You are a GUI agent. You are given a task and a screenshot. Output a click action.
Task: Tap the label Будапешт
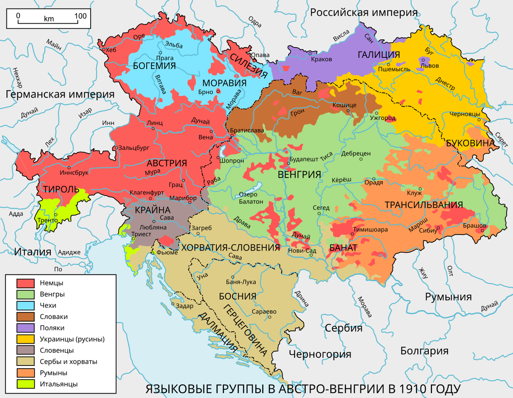pyautogui.click(x=304, y=159)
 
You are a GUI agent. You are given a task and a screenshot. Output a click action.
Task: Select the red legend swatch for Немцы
pyautogui.click(x=25, y=283)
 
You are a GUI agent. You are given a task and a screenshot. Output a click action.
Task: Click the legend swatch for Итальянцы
pyautogui.click(x=25, y=384)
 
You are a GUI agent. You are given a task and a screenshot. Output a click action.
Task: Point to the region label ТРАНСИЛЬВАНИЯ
pyautogui.click(x=424, y=205)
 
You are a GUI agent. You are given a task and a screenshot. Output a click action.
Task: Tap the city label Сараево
pyautogui.click(x=264, y=312)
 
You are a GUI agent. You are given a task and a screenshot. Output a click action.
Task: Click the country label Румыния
pyautogui.click(x=448, y=297)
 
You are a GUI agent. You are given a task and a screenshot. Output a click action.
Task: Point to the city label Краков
pyautogui.click(x=321, y=59)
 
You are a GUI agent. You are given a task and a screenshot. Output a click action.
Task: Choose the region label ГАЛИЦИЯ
pyautogui.click(x=379, y=55)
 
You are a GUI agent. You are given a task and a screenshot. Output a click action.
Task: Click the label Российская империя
pyautogui.click(x=363, y=12)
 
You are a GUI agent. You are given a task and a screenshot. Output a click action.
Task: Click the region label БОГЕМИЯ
pyautogui.click(x=154, y=65)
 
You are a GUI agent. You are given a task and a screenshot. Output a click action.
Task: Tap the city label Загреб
pyautogui.click(x=201, y=228)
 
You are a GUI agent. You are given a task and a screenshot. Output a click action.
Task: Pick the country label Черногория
pyautogui.click(x=320, y=354)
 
